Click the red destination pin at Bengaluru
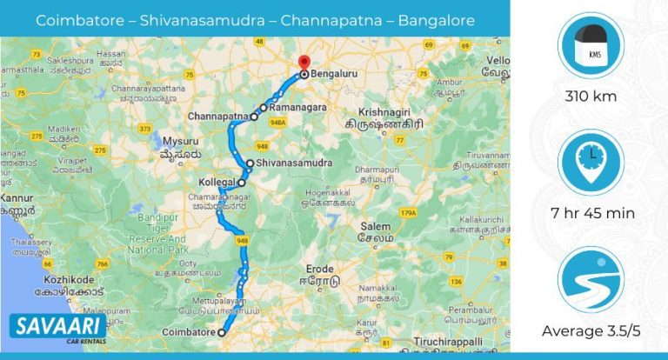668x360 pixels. tap(303, 63)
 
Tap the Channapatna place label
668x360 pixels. tap(217, 115)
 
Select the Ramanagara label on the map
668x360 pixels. tap(298, 108)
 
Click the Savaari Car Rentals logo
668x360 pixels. tap(58, 328)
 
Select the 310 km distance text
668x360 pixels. tap(590, 97)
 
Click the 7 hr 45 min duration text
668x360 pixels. tap(590, 212)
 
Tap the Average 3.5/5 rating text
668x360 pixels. tap(590, 330)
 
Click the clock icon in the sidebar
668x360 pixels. tap(590, 163)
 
